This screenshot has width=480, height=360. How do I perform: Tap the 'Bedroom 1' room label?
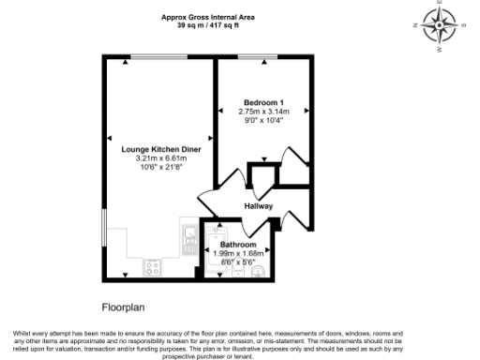(x=263, y=102)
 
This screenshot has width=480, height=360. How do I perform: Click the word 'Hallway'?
(x=258, y=205)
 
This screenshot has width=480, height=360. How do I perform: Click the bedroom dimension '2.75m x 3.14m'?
(x=263, y=112)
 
